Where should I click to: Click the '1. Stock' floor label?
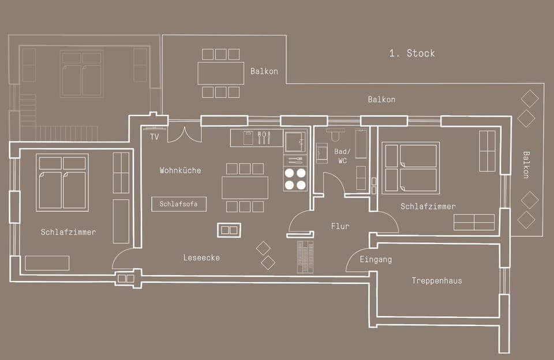(x=411, y=53)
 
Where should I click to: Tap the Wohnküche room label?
(x=180, y=170)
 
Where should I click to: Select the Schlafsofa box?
(x=179, y=204)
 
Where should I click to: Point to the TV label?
(x=154, y=137)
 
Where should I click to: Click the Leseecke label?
(x=202, y=257)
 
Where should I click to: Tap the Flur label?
(x=340, y=226)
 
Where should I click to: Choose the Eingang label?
(x=375, y=260)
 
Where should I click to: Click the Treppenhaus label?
(x=436, y=281)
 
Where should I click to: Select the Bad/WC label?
(x=342, y=156)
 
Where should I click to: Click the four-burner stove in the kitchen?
(x=295, y=178)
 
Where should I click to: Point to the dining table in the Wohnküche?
(x=245, y=187)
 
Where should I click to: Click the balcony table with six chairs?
(x=220, y=73)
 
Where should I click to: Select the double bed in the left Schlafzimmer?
(x=62, y=182)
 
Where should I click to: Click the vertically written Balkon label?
(x=526, y=164)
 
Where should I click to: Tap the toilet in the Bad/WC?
(x=335, y=134)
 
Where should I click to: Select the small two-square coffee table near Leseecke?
(x=229, y=230)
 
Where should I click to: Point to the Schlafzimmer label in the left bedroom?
(x=68, y=232)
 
